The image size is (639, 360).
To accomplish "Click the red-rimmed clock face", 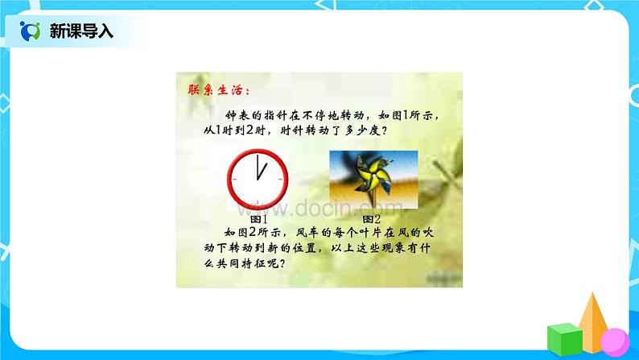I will pyautogui.click(x=258, y=181).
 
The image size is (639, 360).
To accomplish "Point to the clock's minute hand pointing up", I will pyautogui.click(x=258, y=170).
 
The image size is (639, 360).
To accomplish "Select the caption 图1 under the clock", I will pyautogui.click(x=258, y=218).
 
